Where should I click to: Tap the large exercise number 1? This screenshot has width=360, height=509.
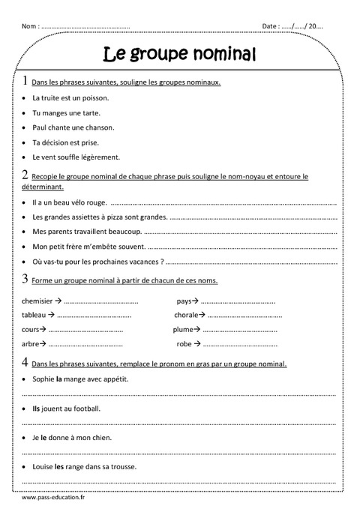coord(25,81)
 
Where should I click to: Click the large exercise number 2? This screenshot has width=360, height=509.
coord(25,175)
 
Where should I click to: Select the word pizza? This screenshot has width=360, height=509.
coord(120,217)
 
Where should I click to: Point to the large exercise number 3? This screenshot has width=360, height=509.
coord(25,279)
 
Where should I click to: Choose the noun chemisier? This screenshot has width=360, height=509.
coord(37,301)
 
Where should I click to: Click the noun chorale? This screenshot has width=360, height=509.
coord(186,315)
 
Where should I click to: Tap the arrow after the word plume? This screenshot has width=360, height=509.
coord(197,329)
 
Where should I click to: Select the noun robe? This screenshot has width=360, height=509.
coord(184,343)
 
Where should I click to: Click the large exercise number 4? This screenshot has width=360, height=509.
coord(25,364)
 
